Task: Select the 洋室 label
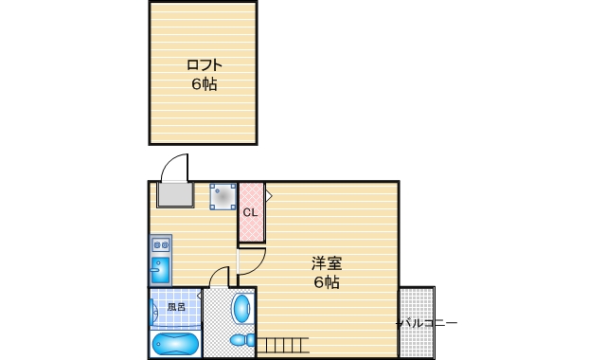(x=327, y=263)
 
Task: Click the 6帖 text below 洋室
(x=327, y=282)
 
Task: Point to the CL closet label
(x=250, y=212)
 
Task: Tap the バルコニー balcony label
(x=426, y=323)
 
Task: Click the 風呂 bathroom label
(x=177, y=307)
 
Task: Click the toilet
(x=242, y=338)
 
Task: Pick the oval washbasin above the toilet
(x=243, y=308)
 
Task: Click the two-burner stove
(x=159, y=244)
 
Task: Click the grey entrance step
(x=175, y=196)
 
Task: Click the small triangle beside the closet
(x=269, y=196)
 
